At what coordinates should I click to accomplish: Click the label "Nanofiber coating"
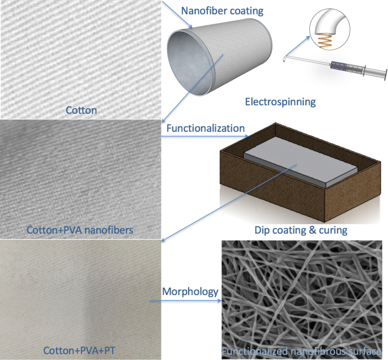pos(223,10)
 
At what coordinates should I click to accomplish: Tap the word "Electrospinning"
pos(280,102)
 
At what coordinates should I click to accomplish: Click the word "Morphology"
pos(190,292)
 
